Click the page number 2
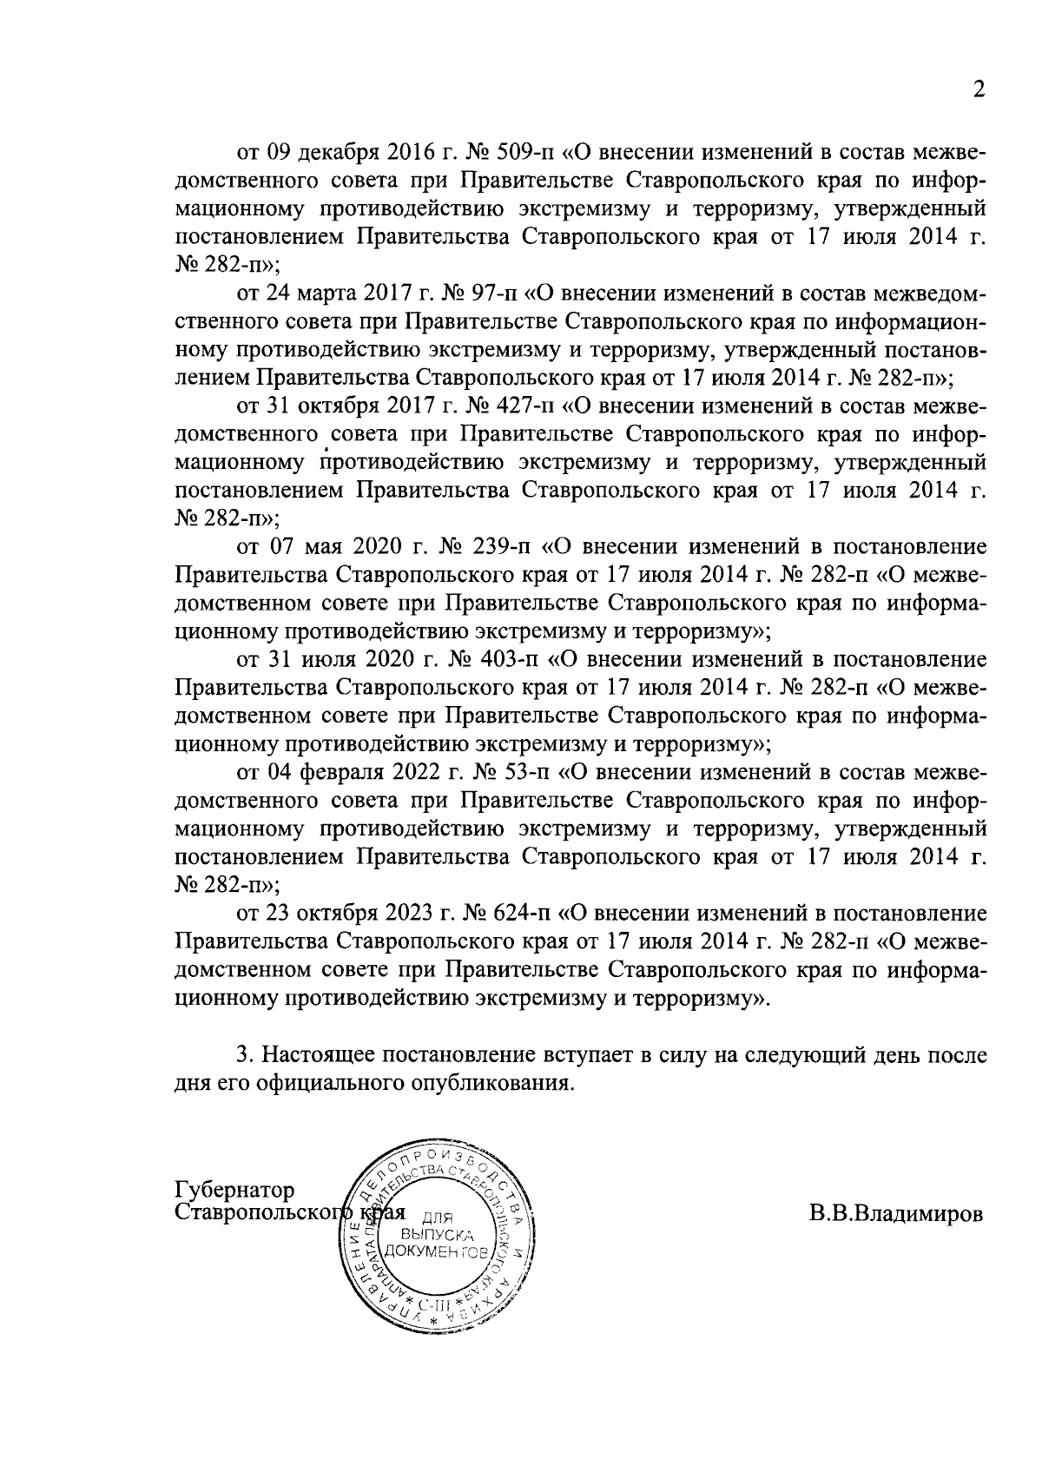(979, 90)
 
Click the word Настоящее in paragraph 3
(318, 1056)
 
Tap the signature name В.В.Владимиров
(897, 1213)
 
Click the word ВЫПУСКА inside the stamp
(437, 1234)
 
